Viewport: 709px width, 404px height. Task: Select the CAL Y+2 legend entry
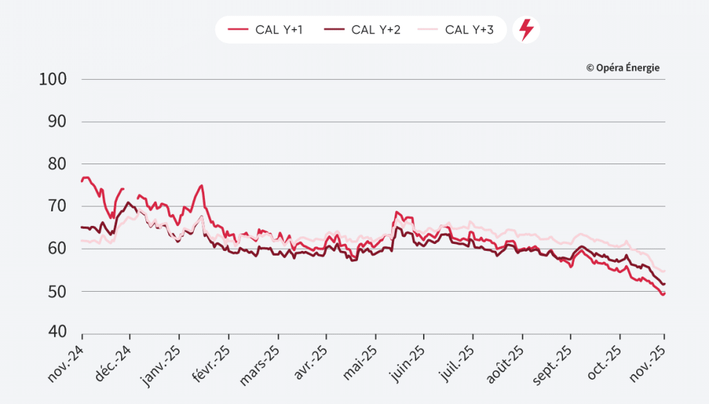tap(362, 30)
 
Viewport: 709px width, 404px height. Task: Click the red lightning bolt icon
tap(526, 30)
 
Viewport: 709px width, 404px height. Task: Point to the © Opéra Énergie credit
tap(622, 67)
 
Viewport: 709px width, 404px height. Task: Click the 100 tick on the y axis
tap(53, 79)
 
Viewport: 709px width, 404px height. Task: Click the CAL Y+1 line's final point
tap(664, 294)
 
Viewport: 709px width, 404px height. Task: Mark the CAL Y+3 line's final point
tap(665, 271)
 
